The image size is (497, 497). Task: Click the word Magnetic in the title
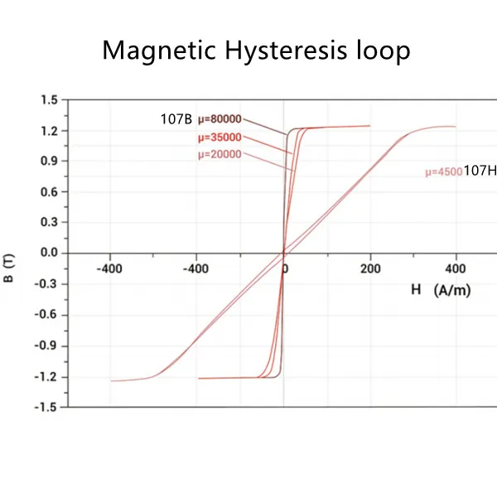[x=153, y=51]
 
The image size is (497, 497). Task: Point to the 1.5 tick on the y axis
[x=49, y=100]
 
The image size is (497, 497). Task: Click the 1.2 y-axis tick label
[x=49, y=131]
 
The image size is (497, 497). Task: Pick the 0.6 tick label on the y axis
[x=49, y=191]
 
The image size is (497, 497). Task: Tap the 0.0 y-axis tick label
[x=49, y=253]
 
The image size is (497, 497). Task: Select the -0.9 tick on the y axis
[x=47, y=345]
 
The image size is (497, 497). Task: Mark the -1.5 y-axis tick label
[x=47, y=407]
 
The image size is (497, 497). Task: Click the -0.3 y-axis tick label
[x=47, y=283]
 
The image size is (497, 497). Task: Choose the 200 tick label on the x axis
[x=370, y=269]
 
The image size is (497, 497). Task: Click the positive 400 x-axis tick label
[x=456, y=269]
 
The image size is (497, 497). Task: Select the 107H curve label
[x=479, y=171]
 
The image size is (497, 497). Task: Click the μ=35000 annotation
[x=220, y=138]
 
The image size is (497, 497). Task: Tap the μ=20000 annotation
[x=220, y=154]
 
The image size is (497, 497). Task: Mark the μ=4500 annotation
[x=442, y=172]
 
